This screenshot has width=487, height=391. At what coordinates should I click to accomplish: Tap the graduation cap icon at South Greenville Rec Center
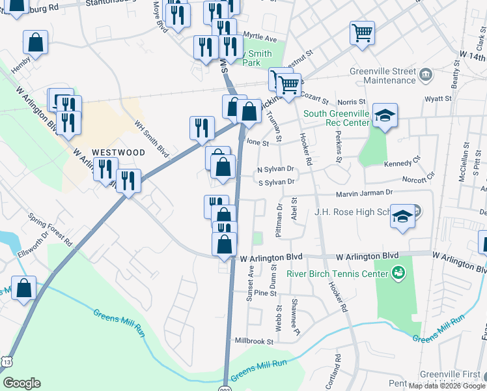point(385,116)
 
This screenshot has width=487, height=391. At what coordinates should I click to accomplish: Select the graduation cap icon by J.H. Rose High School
point(403,216)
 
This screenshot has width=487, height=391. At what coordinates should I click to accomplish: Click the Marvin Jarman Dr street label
point(364,193)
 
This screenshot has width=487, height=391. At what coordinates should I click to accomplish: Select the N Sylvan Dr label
point(277,169)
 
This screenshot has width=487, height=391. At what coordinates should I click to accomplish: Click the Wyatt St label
point(438,99)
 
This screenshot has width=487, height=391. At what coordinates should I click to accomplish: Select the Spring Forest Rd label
point(46,224)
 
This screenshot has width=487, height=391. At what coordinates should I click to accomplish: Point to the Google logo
point(21,383)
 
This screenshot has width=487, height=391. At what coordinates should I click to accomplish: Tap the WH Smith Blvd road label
point(152,138)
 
